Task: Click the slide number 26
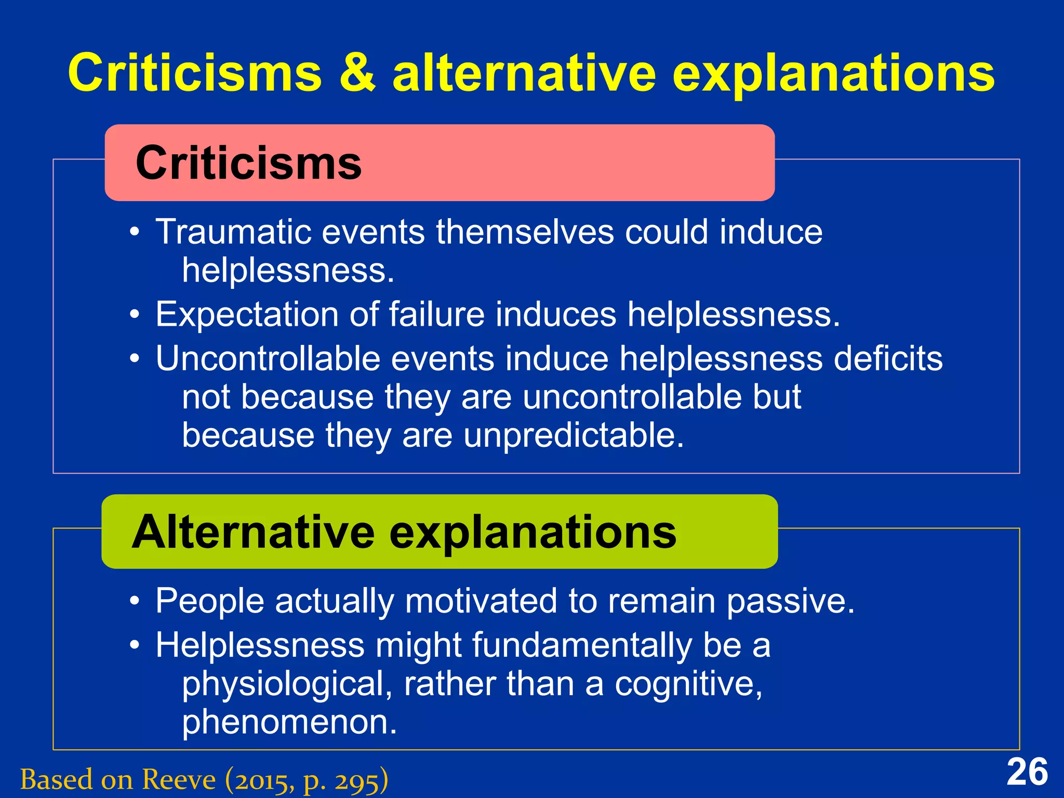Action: point(1027,773)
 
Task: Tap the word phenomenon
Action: point(289,722)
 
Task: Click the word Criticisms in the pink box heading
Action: point(248,163)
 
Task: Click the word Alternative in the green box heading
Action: point(253,532)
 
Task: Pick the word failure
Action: point(436,315)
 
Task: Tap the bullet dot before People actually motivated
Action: point(135,602)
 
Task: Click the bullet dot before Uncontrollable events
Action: point(135,359)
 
